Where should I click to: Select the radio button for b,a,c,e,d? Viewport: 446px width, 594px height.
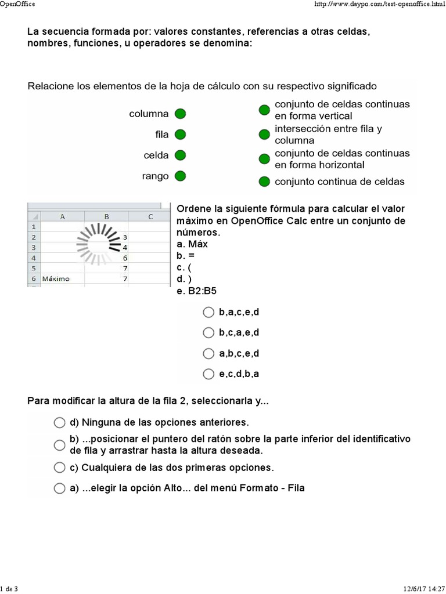[208, 312]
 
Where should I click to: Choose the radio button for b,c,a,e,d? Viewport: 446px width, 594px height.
[208, 332]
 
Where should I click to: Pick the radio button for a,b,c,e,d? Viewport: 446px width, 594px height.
[208, 353]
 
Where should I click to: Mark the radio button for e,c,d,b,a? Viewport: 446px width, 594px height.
[208, 373]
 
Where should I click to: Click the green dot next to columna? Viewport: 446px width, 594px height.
[180, 114]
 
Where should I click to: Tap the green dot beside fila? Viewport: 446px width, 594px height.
[180, 135]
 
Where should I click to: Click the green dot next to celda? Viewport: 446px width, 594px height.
[180, 155]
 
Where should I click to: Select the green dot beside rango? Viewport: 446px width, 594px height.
[180, 176]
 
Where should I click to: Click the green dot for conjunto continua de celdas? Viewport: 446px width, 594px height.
[264, 182]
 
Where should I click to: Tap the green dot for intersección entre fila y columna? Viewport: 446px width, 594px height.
[264, 135]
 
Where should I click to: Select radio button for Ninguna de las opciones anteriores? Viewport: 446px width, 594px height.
[59, 422]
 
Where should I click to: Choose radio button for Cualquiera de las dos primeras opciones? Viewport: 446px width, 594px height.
[59, 467]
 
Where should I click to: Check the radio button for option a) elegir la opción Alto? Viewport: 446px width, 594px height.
[59, 488]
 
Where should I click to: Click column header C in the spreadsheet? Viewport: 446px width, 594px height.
[150, 216]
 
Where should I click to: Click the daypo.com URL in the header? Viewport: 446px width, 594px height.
[379, 4]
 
